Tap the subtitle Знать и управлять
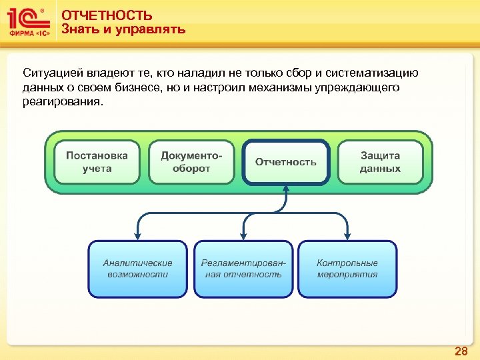click(x=123, y=29)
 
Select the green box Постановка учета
click(x=97, y=162)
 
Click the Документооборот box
click(x=191, y=162)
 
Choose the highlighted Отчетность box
click(x=286, y=162)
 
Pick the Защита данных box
click(x=380, y=162)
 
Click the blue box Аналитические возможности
click(x=137, y=269)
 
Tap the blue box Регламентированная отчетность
click(x=243, y=269)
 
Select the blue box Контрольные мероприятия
click(x=347, y=269)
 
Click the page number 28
click(x=461, y=351)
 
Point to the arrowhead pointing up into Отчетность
click(x=286, y=189)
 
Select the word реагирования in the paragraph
click(x=63, y=103)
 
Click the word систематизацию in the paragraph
click(x=373, y=73)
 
